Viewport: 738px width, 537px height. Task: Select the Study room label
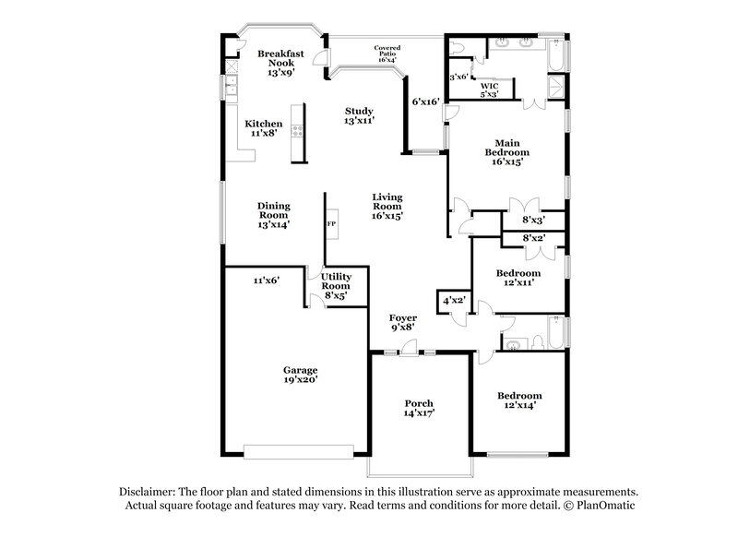click(x=359, y=115)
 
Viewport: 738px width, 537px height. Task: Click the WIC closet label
click(x=489, y=89)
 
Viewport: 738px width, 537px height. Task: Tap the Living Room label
click(x=388, y=209)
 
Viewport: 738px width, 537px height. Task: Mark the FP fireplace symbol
click(x=331, y=224)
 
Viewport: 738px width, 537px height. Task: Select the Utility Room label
click(x=336, y=286)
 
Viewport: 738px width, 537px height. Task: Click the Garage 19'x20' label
click(x=301, y=376)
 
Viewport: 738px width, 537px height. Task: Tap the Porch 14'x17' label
click(x=419, y=409)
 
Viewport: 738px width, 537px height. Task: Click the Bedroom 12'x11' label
click(x=518, y=278)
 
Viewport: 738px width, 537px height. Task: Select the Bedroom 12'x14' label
click(x=517, y=400)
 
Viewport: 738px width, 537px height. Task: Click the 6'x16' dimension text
click(x=424, y=101)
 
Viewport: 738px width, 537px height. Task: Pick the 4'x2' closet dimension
click(x=453, y=300)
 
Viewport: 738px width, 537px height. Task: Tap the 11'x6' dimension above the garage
click(x=266, y=280)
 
